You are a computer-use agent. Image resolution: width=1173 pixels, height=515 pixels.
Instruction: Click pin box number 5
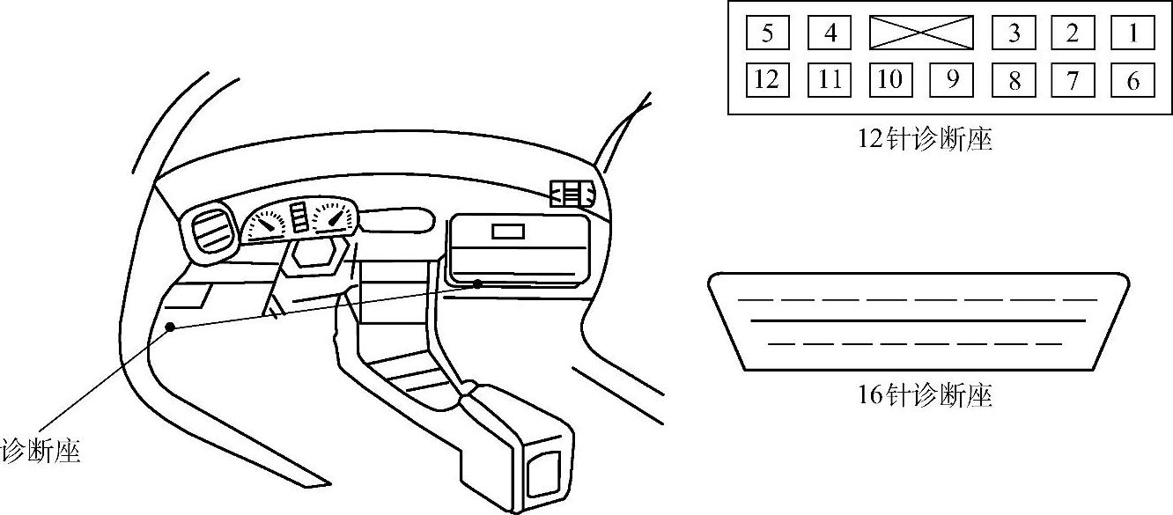[x=767, y=33]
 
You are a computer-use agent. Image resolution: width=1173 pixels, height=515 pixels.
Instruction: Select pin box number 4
[x=830, y=33]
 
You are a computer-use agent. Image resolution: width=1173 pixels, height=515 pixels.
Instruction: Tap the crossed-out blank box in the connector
[x=921, y=33]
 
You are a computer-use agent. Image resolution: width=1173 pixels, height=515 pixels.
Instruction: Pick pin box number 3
[x=1014, y=33]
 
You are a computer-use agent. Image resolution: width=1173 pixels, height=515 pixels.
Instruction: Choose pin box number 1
[x=1132, y=33]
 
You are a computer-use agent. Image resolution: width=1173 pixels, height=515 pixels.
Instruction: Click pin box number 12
[x=767, y=80]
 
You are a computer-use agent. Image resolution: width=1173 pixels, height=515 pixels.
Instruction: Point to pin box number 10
[x=890, y=80]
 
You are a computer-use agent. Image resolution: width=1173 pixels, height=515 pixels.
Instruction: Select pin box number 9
[x=952, y=80]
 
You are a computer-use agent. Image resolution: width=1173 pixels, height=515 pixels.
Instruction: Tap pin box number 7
[x=1073, y=80]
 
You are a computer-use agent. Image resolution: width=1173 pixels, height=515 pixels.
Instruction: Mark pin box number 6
[x=1132, y=80]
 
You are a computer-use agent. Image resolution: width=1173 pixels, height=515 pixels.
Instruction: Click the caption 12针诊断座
[x=925, y=140]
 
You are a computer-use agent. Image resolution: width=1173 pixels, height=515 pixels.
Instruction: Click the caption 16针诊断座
[x=925, y=395]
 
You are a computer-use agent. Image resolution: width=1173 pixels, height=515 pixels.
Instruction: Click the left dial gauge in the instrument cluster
[x=266, y=224]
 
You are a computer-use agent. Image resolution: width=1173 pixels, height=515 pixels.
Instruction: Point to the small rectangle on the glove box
[x=508, y=232]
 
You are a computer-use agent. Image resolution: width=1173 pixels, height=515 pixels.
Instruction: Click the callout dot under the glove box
[x=477, y=283]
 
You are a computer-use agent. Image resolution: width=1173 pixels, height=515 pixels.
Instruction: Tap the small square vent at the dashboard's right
[x=570, y=194]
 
